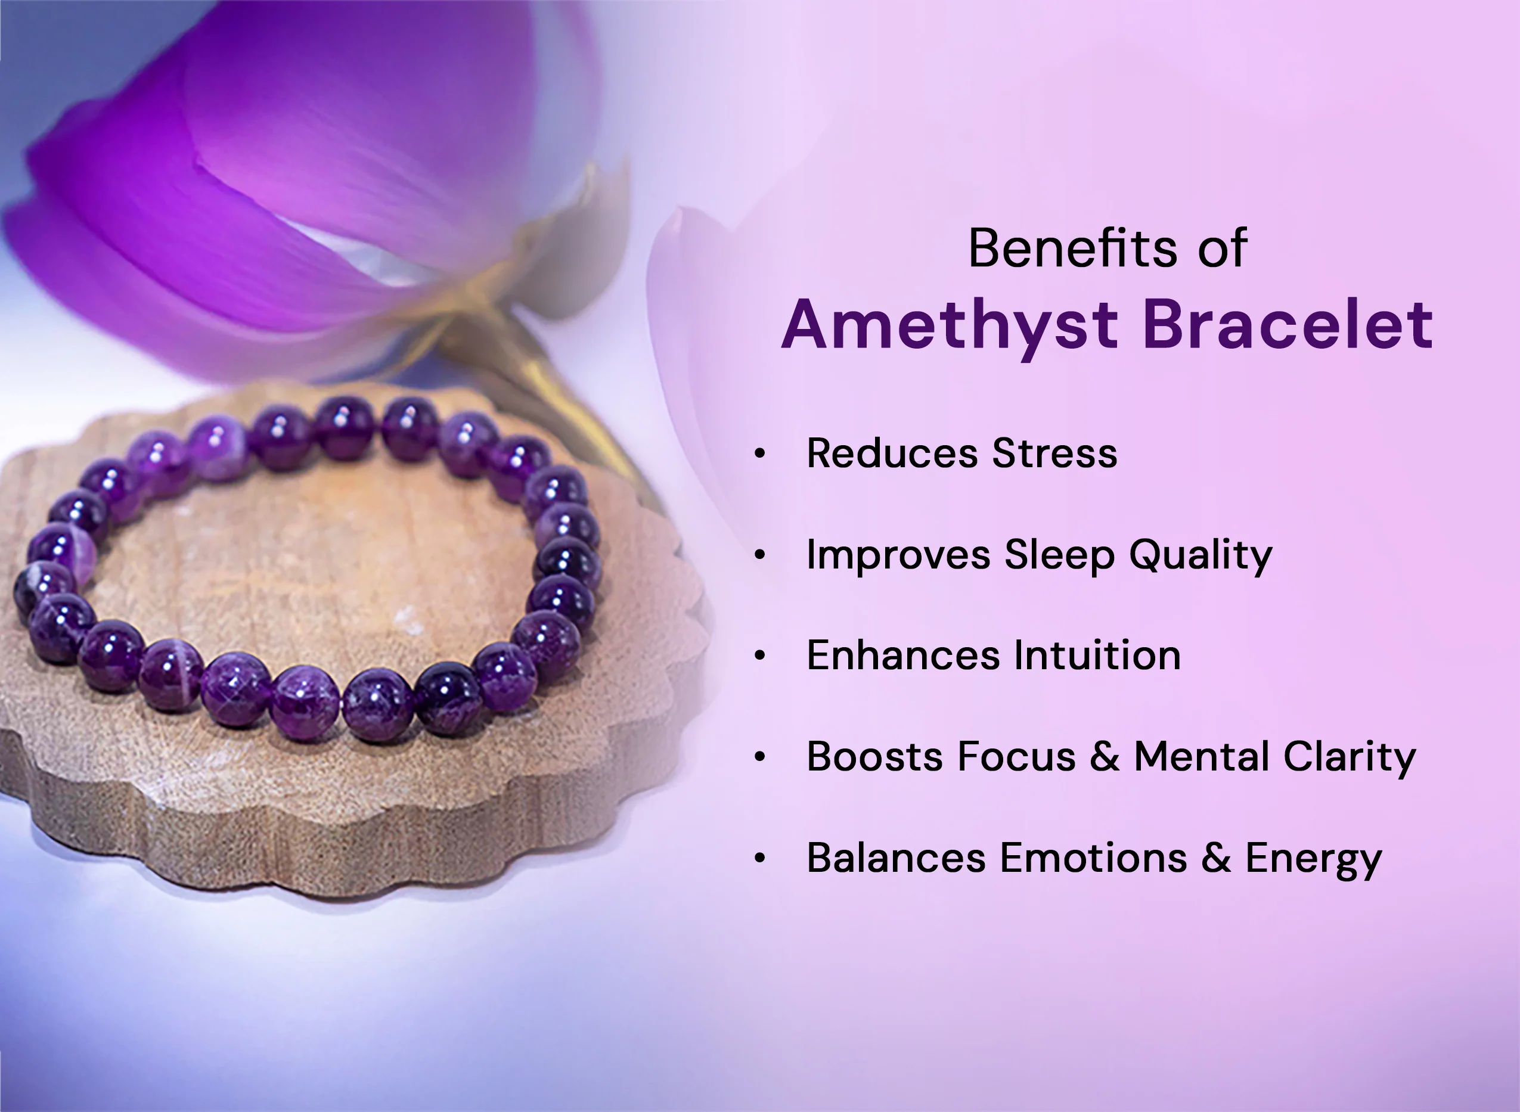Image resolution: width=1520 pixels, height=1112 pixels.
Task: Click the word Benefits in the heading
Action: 1072,249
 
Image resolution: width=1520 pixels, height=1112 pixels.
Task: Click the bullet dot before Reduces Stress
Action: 760,454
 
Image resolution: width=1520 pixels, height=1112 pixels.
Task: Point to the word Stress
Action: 1054,453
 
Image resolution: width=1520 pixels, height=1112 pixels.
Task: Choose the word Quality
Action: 1201,556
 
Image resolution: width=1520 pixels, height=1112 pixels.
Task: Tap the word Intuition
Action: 1097,656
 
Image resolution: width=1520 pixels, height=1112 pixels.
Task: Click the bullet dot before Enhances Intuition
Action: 760,656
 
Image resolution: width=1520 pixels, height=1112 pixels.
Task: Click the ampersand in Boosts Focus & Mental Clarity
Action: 1105,757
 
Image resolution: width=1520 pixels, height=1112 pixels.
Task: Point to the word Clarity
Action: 1349,758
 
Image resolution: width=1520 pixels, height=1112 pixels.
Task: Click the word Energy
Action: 1313,859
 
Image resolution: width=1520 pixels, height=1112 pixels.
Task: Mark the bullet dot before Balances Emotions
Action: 760,858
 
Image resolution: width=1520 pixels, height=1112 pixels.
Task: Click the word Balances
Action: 895,858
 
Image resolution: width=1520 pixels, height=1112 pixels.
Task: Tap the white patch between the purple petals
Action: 364,256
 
